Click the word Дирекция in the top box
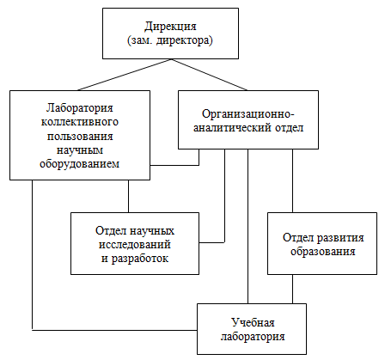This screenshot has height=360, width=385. click(x=170, y=27)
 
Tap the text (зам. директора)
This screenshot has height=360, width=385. click(x=170, y=40)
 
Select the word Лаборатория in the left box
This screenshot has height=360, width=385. click(x=80, y=108)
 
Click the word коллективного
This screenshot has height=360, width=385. click(x=80, y=122)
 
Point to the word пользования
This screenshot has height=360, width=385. click(x=80, y=136)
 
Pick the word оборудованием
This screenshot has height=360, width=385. click(x=80, y=164)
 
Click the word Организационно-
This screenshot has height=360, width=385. click(x=248, y=114)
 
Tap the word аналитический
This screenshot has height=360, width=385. click(x=232, y=128)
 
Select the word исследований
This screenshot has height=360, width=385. click(x=135, y=245)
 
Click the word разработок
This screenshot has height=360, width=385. click(x=139, y=259)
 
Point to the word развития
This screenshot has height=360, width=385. click(x=340, y=238)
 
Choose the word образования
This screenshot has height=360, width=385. click(x=323, y=252)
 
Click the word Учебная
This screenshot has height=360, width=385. click(x=253, y=323)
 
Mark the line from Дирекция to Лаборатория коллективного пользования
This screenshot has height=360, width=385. click(x=125, y=75)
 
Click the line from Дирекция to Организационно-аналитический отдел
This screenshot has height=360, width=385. click(x=209, y=75)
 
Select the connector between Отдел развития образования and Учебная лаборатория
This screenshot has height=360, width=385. click(x=292, y=289)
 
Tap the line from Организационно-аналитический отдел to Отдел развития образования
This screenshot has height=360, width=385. click(x=292, y=180)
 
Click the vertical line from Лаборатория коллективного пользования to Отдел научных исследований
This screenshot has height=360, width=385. click(x=128, y=196)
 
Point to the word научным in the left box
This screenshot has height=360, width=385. click(x=80, y=150)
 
